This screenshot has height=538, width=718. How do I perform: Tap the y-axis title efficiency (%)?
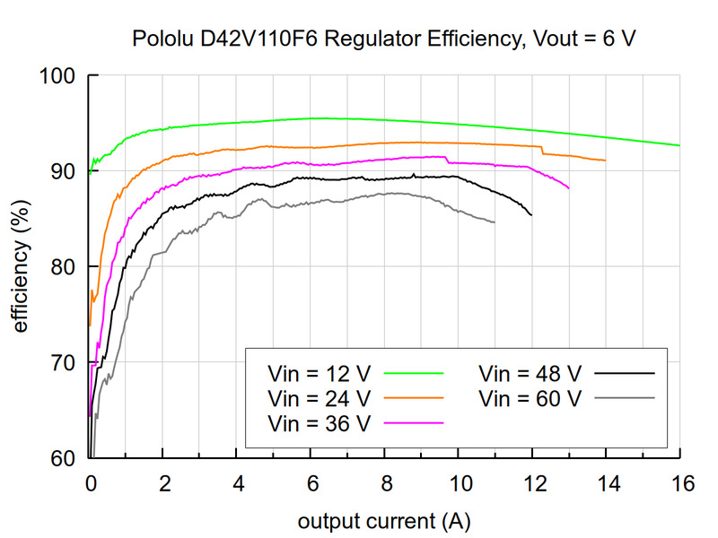point(21,266)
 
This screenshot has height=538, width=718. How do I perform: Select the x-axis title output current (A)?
point(384,520)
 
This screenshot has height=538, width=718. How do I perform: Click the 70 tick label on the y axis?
point(63,362)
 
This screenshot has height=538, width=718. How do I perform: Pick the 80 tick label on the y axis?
point(63,266)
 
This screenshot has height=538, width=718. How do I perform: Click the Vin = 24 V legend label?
point(318,396)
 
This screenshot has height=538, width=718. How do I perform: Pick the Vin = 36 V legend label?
point(318,421)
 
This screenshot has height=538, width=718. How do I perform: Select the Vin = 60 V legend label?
point(530,396)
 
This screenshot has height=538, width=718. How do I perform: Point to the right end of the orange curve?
point(606,161)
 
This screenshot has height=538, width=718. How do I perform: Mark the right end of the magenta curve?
point(569,187)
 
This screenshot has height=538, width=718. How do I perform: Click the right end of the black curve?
point(531,215)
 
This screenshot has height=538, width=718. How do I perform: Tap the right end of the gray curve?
point(495,222)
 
